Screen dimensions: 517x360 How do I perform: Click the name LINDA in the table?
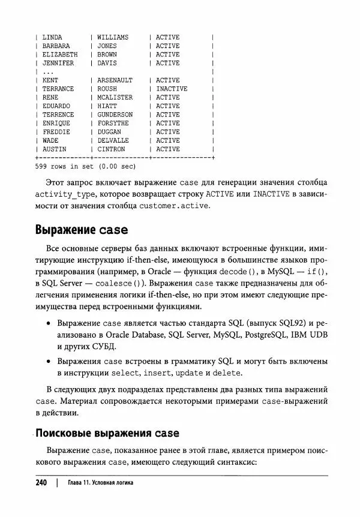[52, 37]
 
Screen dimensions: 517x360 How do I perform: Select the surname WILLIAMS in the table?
[112, 37]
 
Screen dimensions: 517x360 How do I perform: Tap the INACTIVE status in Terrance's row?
[172, 89]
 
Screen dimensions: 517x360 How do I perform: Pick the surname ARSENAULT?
[115, 80]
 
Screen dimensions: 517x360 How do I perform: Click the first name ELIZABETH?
[59, 55]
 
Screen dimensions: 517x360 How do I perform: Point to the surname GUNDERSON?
[115, 115]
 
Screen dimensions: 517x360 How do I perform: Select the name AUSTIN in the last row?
[54, 149]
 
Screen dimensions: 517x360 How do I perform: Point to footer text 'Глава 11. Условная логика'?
[100, 483]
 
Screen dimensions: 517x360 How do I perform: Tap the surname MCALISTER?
[115, 97]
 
